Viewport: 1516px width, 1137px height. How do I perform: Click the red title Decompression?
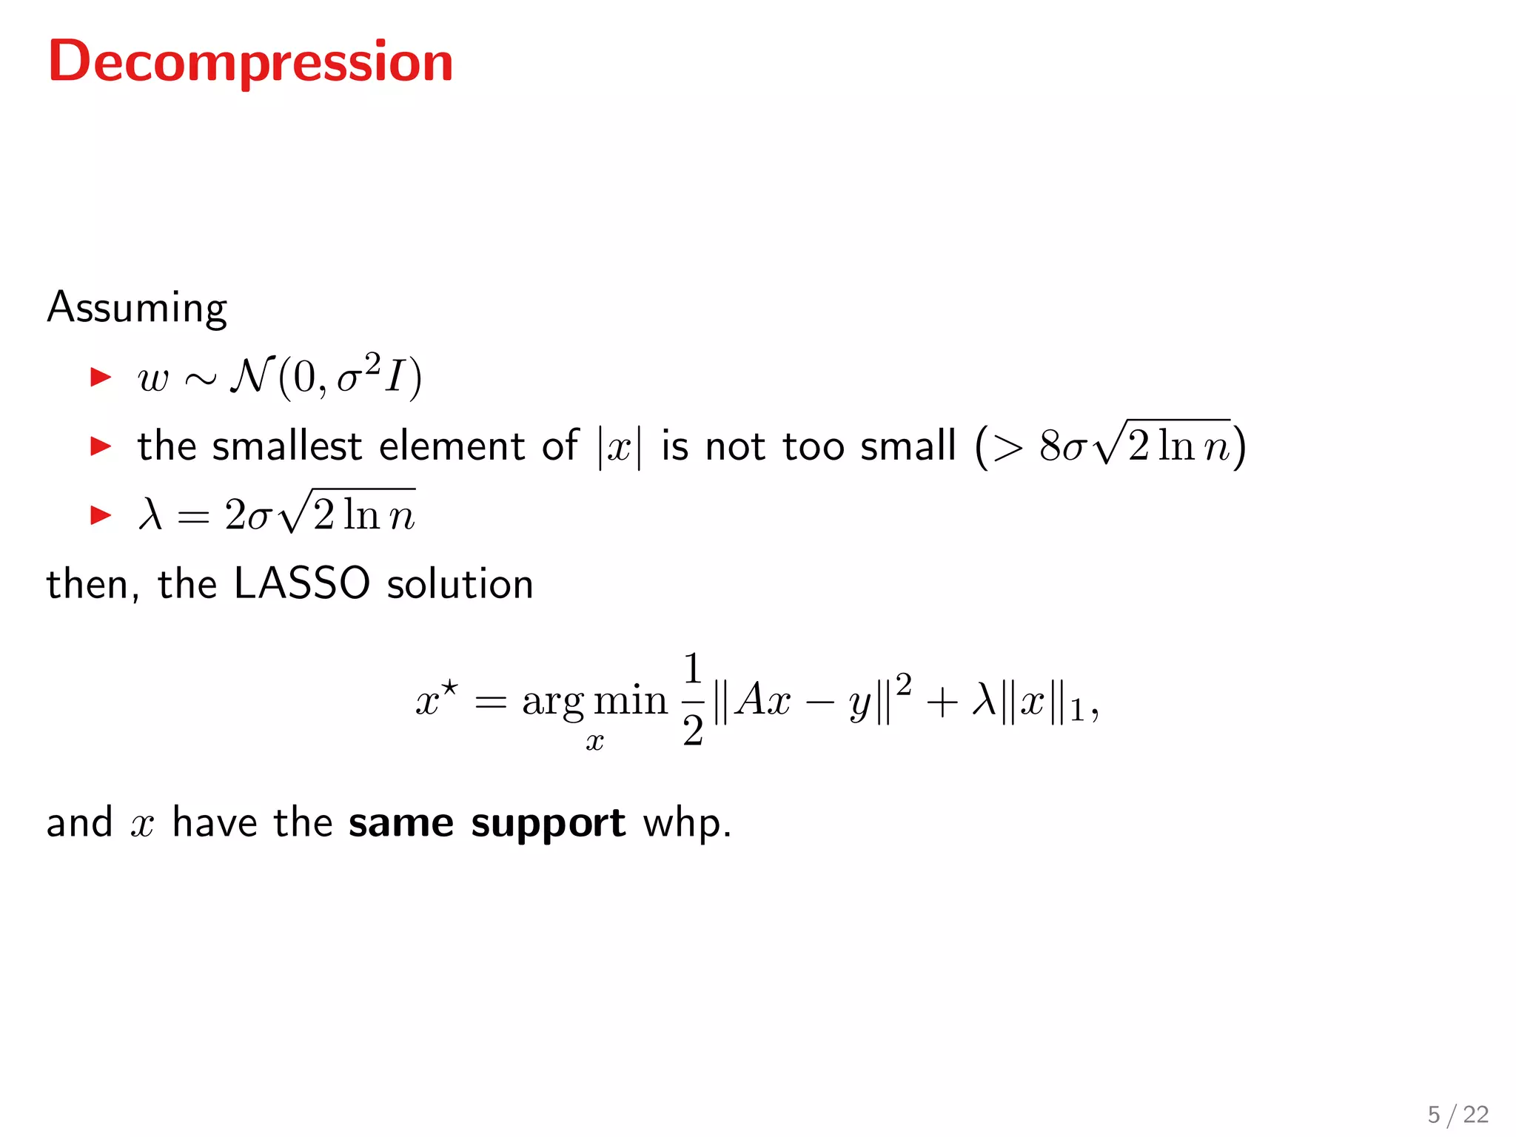(x=250, y=62)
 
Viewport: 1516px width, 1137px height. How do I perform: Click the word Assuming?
(x=137, y=308)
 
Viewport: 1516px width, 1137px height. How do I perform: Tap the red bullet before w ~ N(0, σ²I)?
(x=100, y=377)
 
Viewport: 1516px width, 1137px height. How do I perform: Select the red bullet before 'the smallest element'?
(x=100, y=446)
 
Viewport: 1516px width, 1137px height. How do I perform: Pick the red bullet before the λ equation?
(x=100, y=514)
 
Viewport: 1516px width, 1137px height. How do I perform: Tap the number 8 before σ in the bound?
(x=1050, y=446)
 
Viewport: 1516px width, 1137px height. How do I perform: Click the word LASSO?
(x=301, y=583)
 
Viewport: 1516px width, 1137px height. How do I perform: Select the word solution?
(x=460, y=583)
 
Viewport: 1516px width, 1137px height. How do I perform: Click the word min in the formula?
(x=631, y=700)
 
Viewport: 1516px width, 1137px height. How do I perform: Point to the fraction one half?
(x=693, y=700)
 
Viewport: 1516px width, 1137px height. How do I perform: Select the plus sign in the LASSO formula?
(x=942, y=701)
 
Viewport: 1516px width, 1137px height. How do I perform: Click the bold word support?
(x=548, y=824)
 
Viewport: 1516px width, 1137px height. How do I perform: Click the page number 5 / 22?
(x=1458, y=1114)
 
